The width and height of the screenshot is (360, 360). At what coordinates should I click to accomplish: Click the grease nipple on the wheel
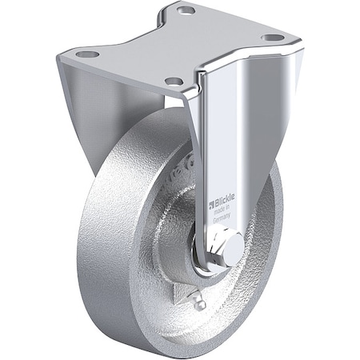(199, 302)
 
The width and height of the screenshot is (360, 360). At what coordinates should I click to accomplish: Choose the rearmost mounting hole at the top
(186, 11)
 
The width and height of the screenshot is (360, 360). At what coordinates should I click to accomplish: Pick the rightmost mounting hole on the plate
(272, 38)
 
